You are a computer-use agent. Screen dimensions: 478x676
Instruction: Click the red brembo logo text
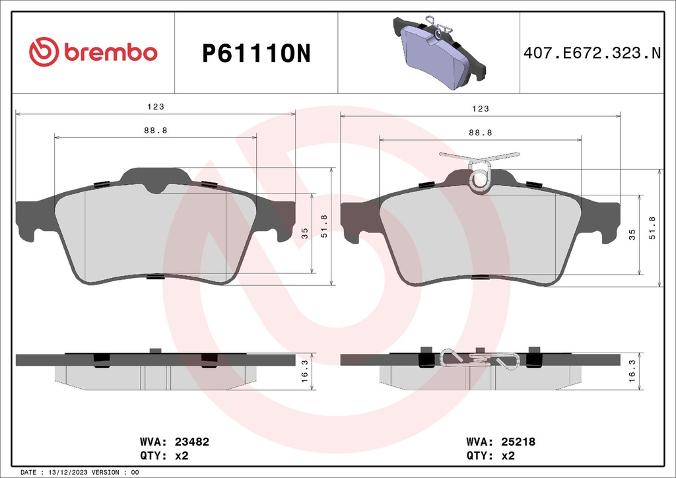tap(110, 53)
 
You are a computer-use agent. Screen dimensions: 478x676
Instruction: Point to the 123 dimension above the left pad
tap(155, 106)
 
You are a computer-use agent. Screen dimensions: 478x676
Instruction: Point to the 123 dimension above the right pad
tap(480, 108)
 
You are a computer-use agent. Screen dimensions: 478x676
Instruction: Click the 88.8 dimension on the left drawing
tap(155, 131)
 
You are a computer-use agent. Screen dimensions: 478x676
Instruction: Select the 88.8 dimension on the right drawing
tap(480, 133)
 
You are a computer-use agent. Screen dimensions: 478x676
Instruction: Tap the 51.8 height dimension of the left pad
tap(324, 226)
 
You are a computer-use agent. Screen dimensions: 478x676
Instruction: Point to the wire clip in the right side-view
tap(480, 359)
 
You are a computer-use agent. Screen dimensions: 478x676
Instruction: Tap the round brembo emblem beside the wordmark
tap(44, 53)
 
